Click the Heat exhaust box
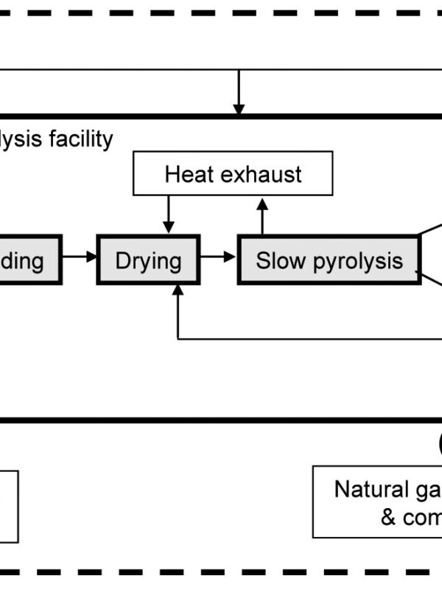[x=233, y=175]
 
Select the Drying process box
[x=148, y=260]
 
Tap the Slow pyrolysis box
[x=329, y=260]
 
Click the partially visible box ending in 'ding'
[x=29, y=260]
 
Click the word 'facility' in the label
[x=81, y=139]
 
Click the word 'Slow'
[x=275, y=260]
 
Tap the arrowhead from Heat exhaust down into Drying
[x=169, y=226]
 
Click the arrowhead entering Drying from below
[x=178, y=291]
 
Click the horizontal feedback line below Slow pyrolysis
[x=309, y=339]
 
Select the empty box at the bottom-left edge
[x=9, y=506]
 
